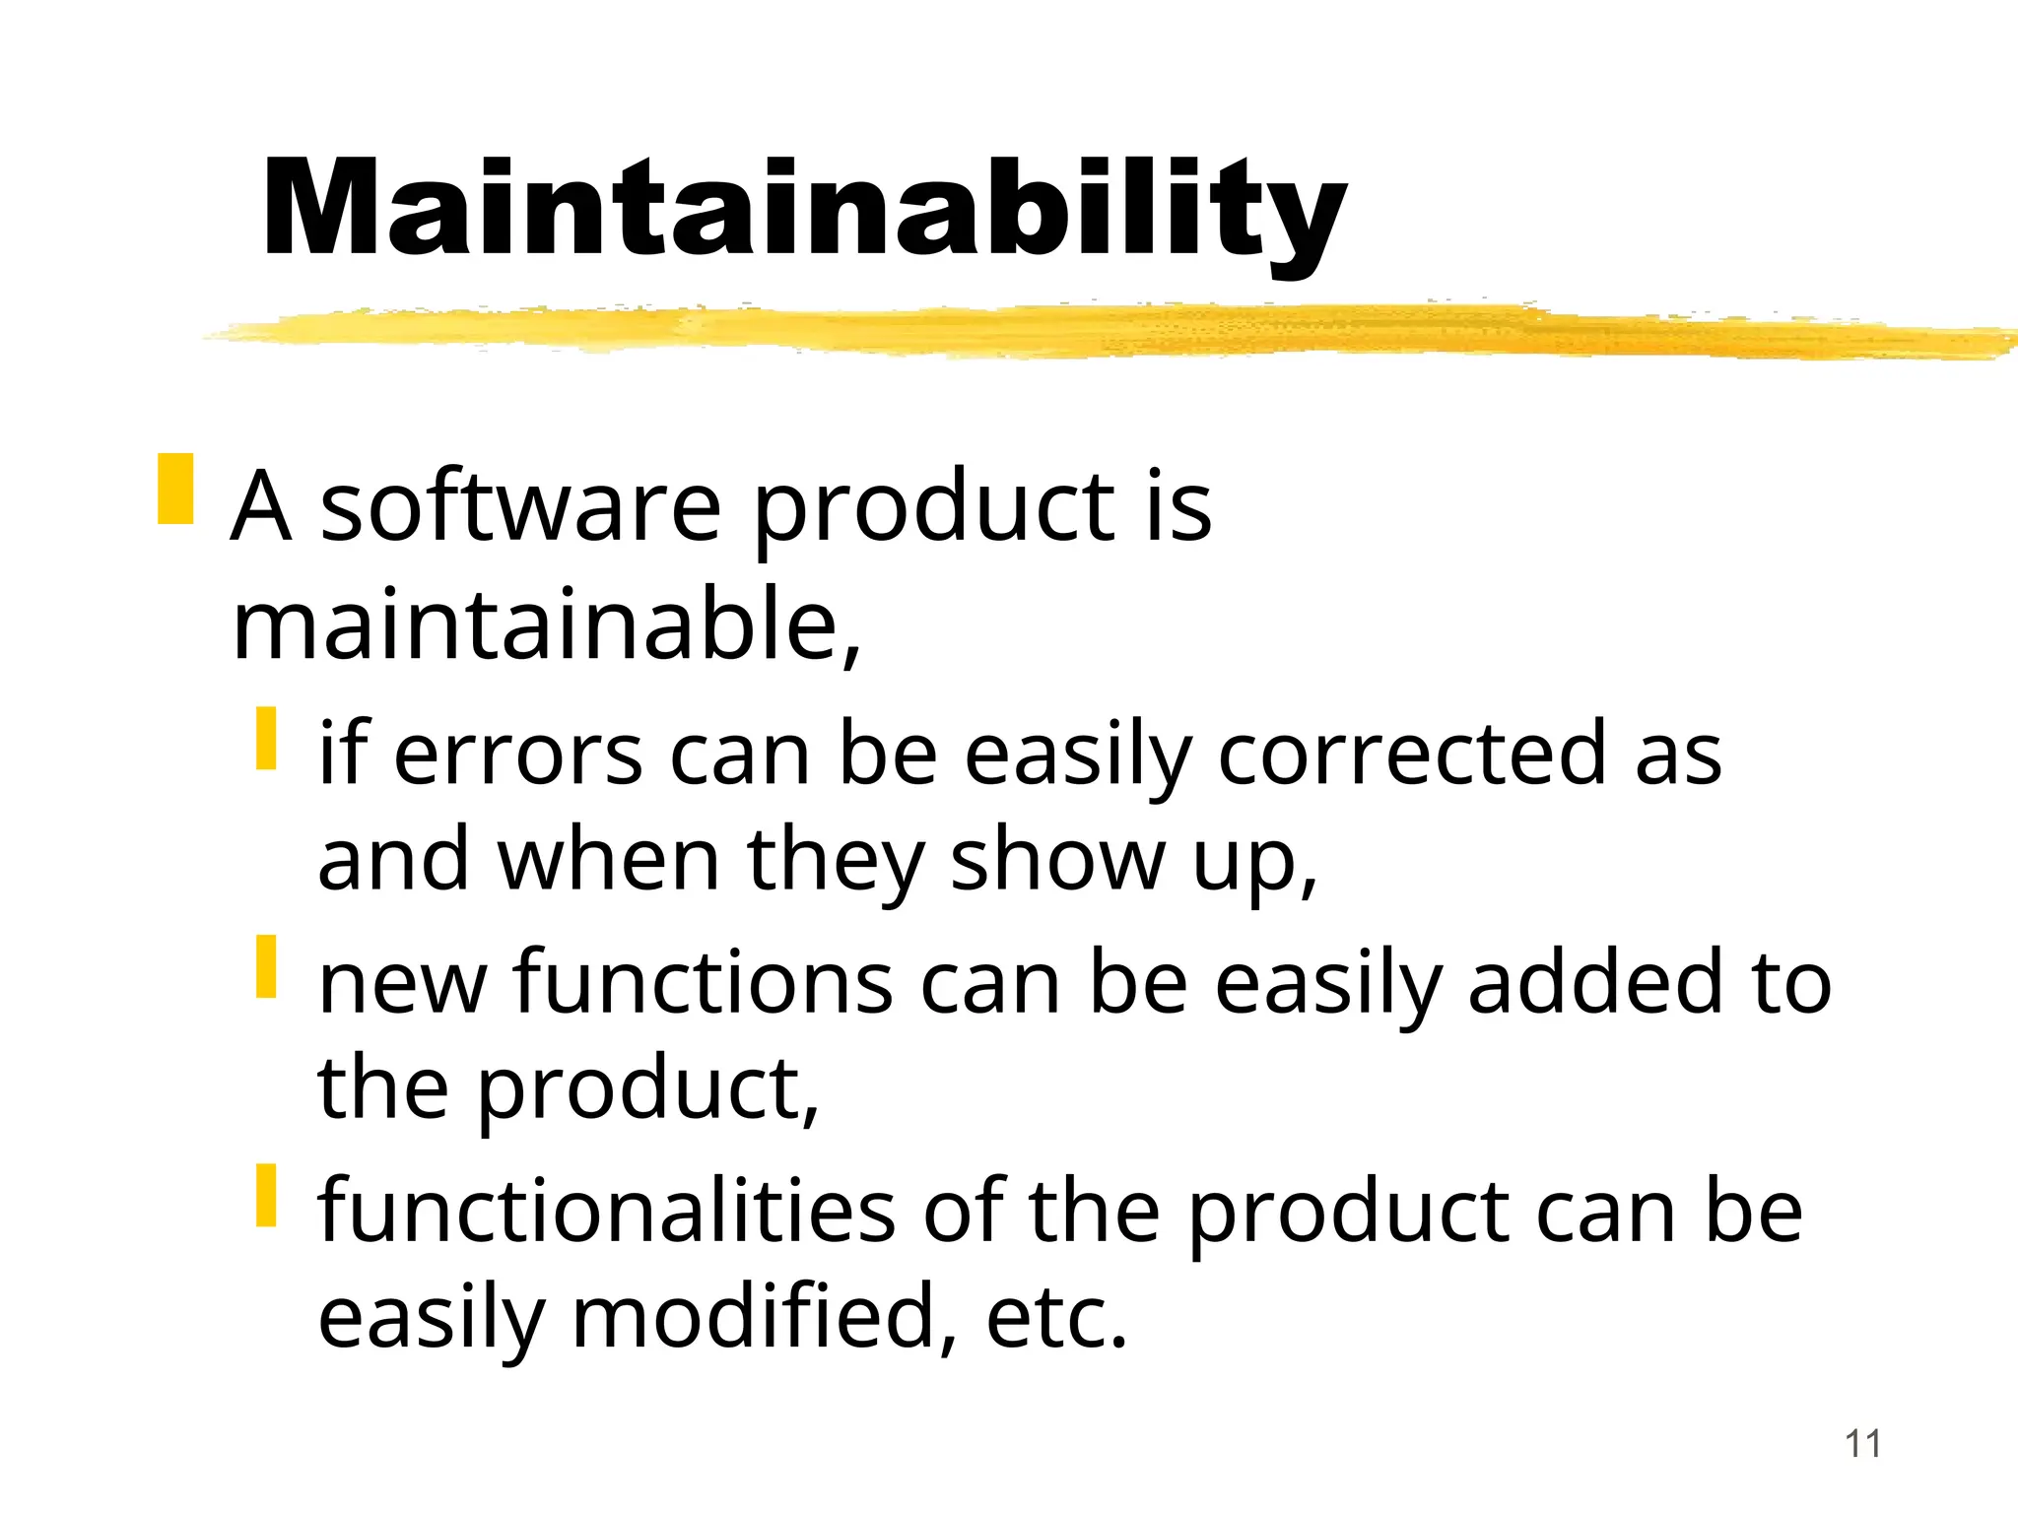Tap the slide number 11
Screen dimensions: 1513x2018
tap(1862, 1444)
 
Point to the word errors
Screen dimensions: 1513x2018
tap(518, 755)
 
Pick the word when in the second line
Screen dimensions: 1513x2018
tap(609, 860)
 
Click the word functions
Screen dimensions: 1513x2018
tap(704, 983)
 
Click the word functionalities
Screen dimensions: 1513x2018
tap(606, 1212)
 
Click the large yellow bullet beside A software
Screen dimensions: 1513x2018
tap(175, 489)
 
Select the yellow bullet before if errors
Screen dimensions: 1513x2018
tap(266, 738)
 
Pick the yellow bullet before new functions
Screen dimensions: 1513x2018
tap(266, 966)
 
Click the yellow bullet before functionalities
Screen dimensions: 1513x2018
tap(266, 1195)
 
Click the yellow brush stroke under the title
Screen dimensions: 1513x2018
tap(1084, 330)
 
